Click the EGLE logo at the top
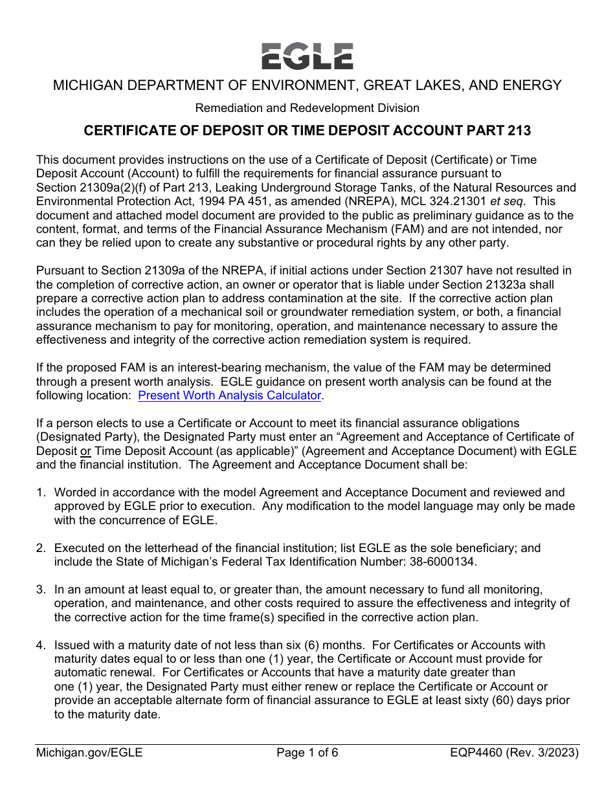tap(307, 56)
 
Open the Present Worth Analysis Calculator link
tap(230, 395)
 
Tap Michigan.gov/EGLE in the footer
tap(89, 752)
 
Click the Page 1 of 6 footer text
tap(307, 752)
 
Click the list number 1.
tap(40, 492)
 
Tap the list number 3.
tap(40, 590)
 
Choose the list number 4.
tap(40, 645)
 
